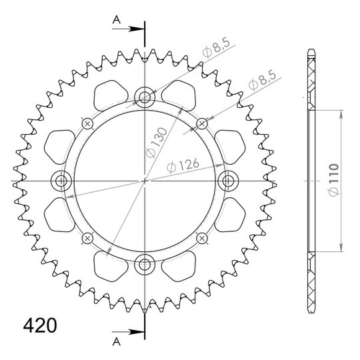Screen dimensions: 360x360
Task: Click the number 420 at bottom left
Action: (x=40, y=325)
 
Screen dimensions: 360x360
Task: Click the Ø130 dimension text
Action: (x=157, y=143)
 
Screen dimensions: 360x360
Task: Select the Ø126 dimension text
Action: (x=183, y=165)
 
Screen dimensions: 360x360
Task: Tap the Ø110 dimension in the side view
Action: (x=334, y=180)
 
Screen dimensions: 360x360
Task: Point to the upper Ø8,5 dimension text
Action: (x=216, y=49)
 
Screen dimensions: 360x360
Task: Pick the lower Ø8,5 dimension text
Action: (x=262, y=81)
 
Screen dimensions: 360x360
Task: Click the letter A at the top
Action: (x=117, y=20)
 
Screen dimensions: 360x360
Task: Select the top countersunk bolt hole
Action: (x=145, y=97)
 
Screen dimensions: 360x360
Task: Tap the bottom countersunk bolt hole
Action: (x=145, y=264)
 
